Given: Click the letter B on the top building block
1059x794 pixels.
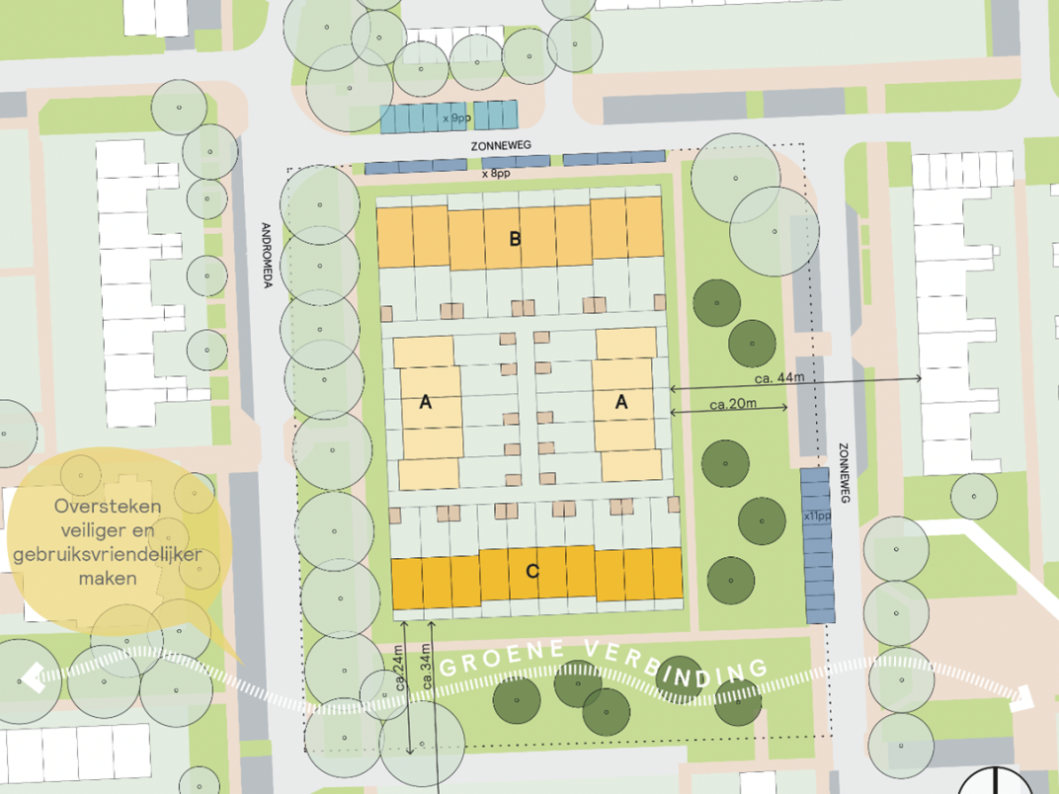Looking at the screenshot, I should point(515,238).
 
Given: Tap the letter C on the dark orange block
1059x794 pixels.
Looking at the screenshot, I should point(532,571).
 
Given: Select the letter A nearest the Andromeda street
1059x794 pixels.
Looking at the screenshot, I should point(426,402).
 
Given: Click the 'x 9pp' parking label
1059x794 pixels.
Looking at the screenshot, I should point(455,119).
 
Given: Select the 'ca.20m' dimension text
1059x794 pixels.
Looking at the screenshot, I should point(733,403).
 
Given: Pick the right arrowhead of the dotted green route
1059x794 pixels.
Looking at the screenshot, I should point(1023,698).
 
